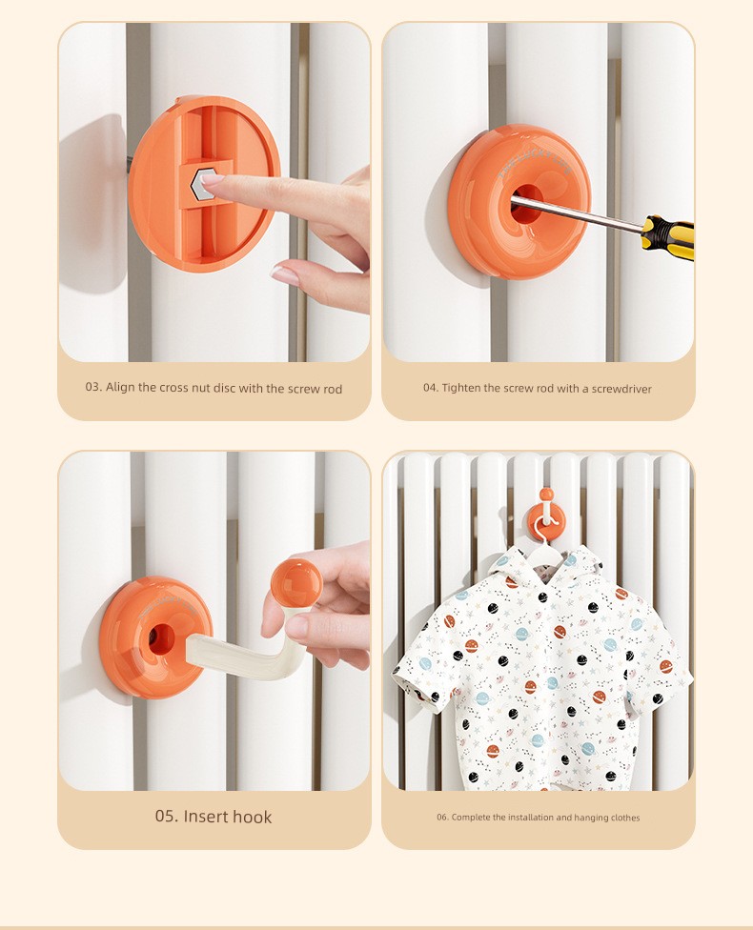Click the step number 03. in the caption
[93, 387]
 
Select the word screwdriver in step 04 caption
[621, 389]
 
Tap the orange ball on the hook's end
[296, 582]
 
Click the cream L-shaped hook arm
[243, 651]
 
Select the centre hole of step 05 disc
[161, 638]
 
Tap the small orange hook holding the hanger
[546, 513]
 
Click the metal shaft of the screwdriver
[577, 213]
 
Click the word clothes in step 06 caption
[624, 818]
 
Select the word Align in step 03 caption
[120, 387]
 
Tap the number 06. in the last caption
[442, 818]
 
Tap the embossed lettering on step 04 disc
[534, 163]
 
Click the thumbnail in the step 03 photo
[285, 274]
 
